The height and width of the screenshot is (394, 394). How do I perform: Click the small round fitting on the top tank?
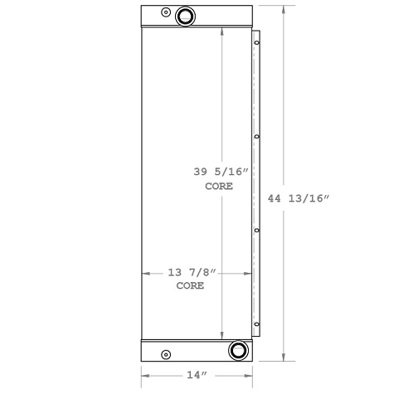[166, 12]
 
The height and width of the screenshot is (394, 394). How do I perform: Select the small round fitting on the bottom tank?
[166, 354]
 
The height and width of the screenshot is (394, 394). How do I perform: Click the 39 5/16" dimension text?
[221, 172]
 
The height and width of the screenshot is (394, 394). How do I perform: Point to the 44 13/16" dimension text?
[299, 198]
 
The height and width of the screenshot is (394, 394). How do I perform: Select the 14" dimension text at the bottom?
[197, 375]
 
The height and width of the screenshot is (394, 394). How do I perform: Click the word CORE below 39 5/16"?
[219, 187]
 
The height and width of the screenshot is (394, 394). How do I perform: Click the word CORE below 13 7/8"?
[191, 285]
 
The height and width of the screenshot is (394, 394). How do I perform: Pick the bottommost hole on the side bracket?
[256, 324]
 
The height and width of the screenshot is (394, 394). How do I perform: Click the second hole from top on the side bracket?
[256, 137]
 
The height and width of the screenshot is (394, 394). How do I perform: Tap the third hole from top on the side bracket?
[256, 231]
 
